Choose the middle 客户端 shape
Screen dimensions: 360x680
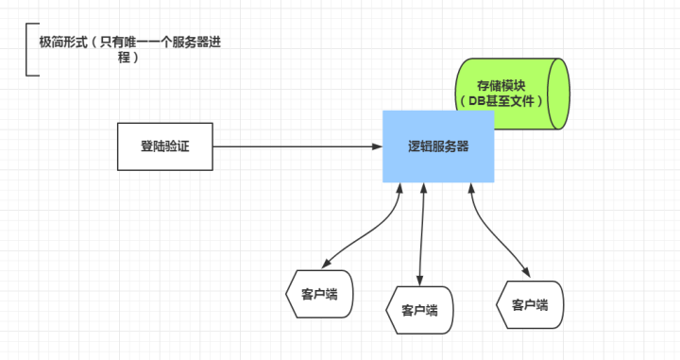click(x=419, y=309)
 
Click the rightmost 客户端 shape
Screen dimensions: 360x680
click(x=529, y=304)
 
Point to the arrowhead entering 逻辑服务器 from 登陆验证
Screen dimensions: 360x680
click(x=376, y=147)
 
